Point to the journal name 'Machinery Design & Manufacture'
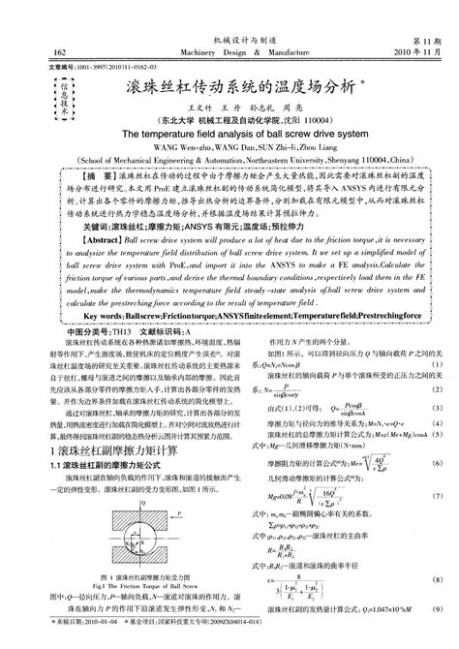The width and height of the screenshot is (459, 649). point(230,51)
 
